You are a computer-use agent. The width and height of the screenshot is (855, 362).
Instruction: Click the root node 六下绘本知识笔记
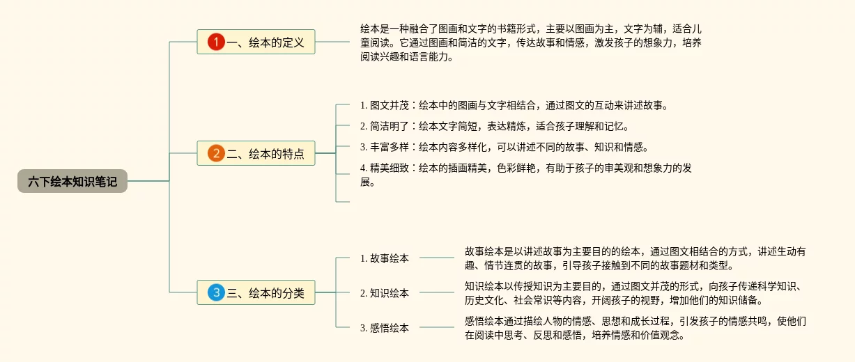tap(72, 181)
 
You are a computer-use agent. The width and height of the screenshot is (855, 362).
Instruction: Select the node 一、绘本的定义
tap(256, 42)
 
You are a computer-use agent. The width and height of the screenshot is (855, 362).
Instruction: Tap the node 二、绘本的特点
tap(256, 153)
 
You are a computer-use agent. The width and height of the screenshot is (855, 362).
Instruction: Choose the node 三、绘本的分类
tap(256, 293)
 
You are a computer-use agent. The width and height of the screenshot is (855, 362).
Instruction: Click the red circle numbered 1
tap(216, 42)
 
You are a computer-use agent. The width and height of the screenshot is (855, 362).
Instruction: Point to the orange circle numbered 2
tap(216, 153)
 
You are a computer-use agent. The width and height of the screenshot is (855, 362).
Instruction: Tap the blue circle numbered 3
tap(216, 293)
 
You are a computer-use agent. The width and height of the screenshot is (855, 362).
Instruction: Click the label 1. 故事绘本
tap(385, 258)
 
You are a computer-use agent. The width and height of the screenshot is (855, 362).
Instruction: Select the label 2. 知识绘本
tap(385, 293)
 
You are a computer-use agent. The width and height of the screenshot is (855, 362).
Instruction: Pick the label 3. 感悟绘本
tap(385, 328)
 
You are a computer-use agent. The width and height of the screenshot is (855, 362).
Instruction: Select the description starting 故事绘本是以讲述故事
tap(636, 258)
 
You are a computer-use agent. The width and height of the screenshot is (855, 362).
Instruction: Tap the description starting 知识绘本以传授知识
tap(636, 293)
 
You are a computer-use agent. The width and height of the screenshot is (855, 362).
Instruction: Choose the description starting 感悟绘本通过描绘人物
tap(636, 328)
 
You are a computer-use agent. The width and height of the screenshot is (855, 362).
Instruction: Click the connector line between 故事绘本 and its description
tap(437, 258)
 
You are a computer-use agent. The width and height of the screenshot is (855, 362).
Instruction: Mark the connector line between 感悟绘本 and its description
tap(437, 327)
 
